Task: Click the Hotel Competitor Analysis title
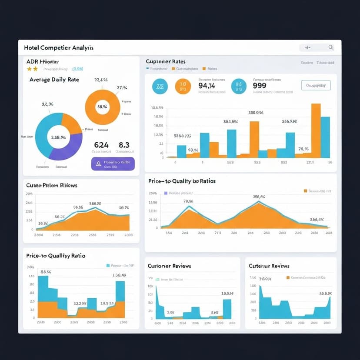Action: (59, 47)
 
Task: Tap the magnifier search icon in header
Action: (331, 47)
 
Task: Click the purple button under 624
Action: (113, 164)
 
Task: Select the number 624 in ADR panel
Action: (101, 145)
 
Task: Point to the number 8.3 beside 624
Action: (124, 145)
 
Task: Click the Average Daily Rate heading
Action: (54, 80)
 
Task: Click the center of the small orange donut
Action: (102, 107)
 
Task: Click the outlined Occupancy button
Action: (316, 85)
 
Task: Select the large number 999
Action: (259, 86)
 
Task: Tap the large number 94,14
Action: (207, 86)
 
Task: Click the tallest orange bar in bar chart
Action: (316, 130)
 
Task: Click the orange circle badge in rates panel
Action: (183, 87)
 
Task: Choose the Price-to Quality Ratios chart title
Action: (182, 181)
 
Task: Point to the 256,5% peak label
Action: (259, 197)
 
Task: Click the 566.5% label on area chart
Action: (95, 203)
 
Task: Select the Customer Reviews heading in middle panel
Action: (169, 266)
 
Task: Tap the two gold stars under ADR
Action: (32, 69)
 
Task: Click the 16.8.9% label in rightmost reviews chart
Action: (326, 293)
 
